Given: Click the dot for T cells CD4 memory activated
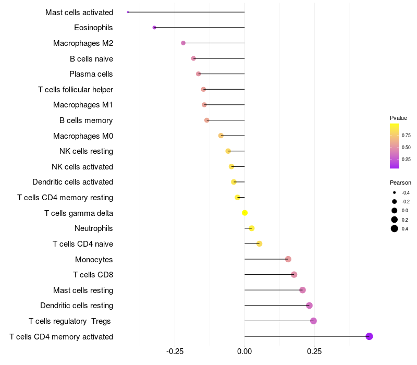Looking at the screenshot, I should (369, 336).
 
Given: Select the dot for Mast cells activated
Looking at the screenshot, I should (128, 12).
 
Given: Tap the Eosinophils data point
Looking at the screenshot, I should (154, 28).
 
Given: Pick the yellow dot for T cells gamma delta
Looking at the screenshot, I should (244, 213).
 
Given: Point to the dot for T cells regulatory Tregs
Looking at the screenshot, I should (313, 321).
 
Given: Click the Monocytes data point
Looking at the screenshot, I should (288, 259).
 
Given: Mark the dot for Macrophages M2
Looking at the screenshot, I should (183, 43).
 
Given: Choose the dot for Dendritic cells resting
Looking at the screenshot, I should (309, 306).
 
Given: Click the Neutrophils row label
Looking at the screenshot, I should (94, 228).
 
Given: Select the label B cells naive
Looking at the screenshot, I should (91, 58).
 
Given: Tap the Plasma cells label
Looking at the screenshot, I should (91, 74).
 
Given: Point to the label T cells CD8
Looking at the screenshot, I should (93, 275).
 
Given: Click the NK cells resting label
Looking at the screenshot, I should (86, 151).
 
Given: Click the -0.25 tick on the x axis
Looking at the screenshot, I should (175, 351).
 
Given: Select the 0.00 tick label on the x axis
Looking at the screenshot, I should (244, 351).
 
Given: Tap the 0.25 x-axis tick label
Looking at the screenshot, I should (314, 351).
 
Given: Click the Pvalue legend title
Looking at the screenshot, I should (398, 118).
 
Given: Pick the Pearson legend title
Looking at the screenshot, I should (400, 182).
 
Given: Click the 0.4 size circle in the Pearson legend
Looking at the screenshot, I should (395, 228).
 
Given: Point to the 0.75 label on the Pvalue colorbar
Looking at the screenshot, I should (406, 136).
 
